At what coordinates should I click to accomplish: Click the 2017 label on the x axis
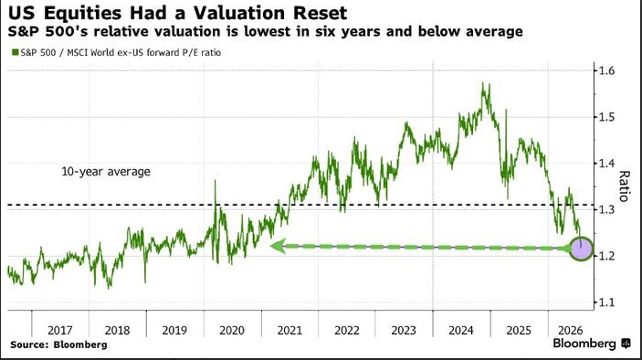click(x=59, y=330)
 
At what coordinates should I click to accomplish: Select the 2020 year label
click(x=232, y=330)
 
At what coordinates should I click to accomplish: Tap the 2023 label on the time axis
click(x=404, y=330)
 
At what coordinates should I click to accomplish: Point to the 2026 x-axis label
click(x=571, y=330)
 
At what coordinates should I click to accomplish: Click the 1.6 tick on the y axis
click(x=606, y=71)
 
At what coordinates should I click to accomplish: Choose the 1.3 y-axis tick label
click(x=606, y=209)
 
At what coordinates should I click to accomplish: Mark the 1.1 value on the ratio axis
click(x=606, y=302)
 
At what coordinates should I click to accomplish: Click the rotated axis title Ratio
click(x=624, y=186)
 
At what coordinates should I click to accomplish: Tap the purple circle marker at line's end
click(x=581, y=249)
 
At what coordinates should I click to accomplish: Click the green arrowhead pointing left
click(x=278, y=246)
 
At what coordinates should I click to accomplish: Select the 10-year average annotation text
click(x=106, y=171)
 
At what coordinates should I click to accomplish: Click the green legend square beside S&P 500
click(x=16, y=52)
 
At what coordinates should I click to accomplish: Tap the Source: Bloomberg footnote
click(x=58, y=344)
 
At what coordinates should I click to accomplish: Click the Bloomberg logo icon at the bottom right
click(x=626, y=344)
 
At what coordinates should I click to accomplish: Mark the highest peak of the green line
click(x=483, y=83)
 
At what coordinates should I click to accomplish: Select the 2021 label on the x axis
click(x=289, y=330)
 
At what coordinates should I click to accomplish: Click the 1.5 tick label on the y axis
click(x=606, y=117)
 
